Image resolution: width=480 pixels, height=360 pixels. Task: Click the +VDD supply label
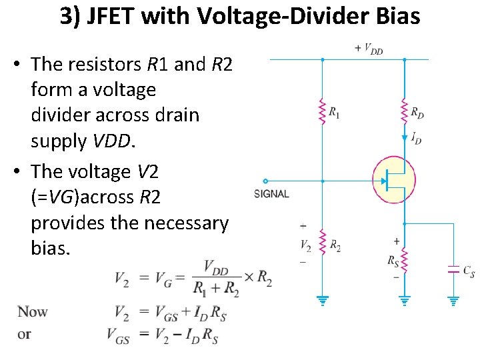[x=369, y=49]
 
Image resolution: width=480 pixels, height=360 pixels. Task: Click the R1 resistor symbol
[x=323, y=111]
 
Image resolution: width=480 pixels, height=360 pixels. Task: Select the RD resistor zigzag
[x=405, y=110]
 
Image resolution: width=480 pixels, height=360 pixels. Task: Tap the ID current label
[x=416, y=138]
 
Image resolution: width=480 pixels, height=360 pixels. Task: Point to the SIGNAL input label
[x=272, y=194]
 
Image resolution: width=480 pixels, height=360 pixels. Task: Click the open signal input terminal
[x=266, y=181]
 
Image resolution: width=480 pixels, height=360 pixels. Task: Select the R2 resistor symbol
[x=323, y=245]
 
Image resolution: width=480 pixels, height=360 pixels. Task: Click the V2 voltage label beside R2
[x=305, y=245]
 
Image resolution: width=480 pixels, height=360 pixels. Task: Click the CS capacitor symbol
[x=453, y=270]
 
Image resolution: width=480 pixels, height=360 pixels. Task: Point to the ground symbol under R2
[x=323, y=300]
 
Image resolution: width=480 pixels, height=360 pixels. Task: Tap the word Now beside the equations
[x=33, y=311]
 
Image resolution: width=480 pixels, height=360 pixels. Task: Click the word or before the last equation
[x=25, y=333]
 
